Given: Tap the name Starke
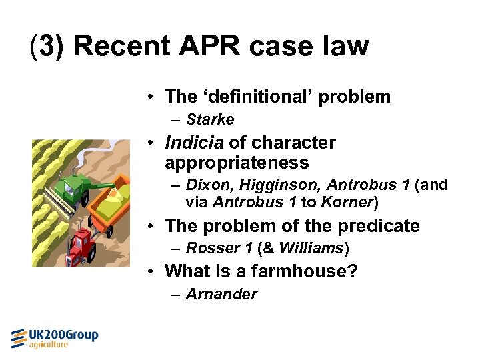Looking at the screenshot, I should pos(210,120).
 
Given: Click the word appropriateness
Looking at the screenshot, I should pos(237,163).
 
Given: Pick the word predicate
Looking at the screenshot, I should pos(378,226).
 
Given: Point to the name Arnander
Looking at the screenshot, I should pos(221,294).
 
